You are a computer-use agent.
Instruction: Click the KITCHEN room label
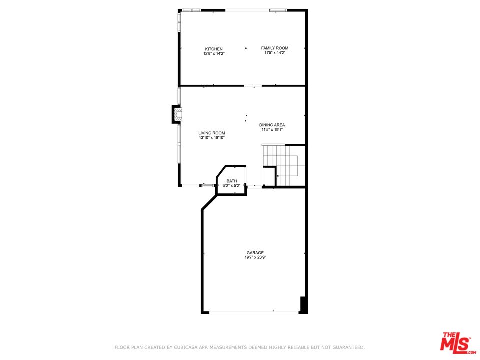tap(213, 49)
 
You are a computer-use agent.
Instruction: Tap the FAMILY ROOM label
tap(275, 48)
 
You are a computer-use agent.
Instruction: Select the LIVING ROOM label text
tap(212, 133)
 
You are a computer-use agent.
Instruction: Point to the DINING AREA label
tap(272, 125)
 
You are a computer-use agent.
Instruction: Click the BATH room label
tap(232, 181)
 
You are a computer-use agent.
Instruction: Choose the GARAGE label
tap(255, 253)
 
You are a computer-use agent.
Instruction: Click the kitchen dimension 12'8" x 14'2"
tap(214, 53)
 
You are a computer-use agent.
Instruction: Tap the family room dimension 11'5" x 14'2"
tap(275, 53)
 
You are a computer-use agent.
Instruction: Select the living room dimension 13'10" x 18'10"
tap(212, 138)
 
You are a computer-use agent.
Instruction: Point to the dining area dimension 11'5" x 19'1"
tap(272, 130)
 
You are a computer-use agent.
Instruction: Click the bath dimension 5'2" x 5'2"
tap(232, 186)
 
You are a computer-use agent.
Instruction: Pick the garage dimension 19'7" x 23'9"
tap(255, 258)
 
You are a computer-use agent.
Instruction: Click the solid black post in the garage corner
tap(303, 304)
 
